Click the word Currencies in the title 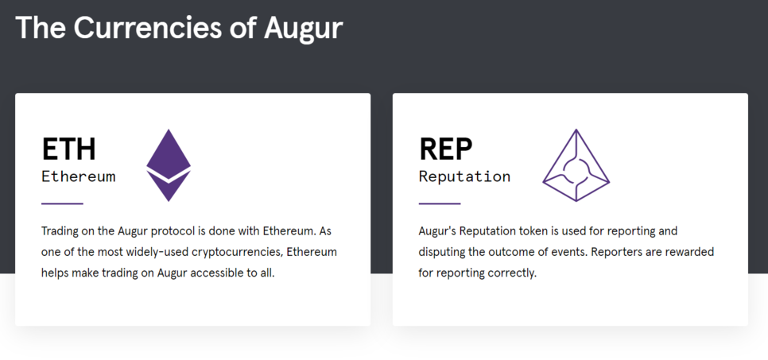coord(147,28)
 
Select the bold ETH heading coord(68,149)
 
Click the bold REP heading coord(446,149)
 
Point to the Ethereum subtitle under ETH coord(79,176)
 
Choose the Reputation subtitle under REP coord(464,176)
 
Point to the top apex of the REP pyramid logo coord(576,130)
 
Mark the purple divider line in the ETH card coord(62,203)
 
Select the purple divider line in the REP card coord(440,203)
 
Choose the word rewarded coord(692,252)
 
